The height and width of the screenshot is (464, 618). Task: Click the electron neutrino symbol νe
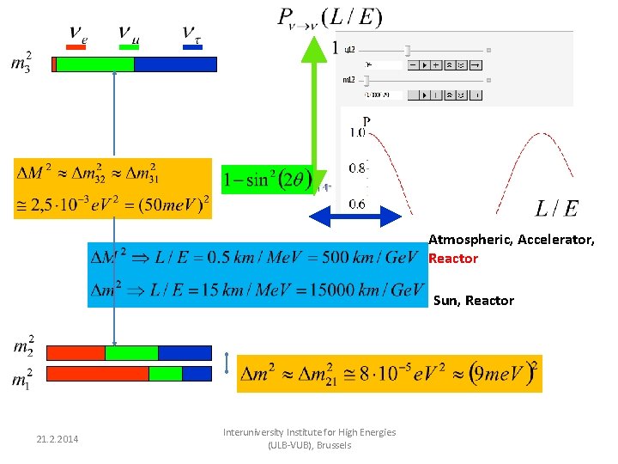point(77,35)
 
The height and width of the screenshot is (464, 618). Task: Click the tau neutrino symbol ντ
point(191,35)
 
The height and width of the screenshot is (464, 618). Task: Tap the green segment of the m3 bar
point(95,64)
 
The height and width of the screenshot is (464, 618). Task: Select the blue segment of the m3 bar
point(175,64)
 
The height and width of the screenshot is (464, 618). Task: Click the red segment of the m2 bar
point(76,353)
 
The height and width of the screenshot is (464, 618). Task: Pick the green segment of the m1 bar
point(166,374)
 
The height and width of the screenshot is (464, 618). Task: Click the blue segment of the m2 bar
point(185,353)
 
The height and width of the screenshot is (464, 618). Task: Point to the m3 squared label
point(22,62)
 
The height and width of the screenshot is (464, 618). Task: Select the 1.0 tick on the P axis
point(357,132)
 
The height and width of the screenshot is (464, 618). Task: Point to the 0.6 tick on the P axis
point(357,204)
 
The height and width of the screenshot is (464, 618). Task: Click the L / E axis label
point(556,208)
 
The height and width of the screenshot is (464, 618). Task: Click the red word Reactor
point(453,259)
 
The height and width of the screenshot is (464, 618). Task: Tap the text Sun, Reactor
point(474,301)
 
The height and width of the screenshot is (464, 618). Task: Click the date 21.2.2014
point(58,440)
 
